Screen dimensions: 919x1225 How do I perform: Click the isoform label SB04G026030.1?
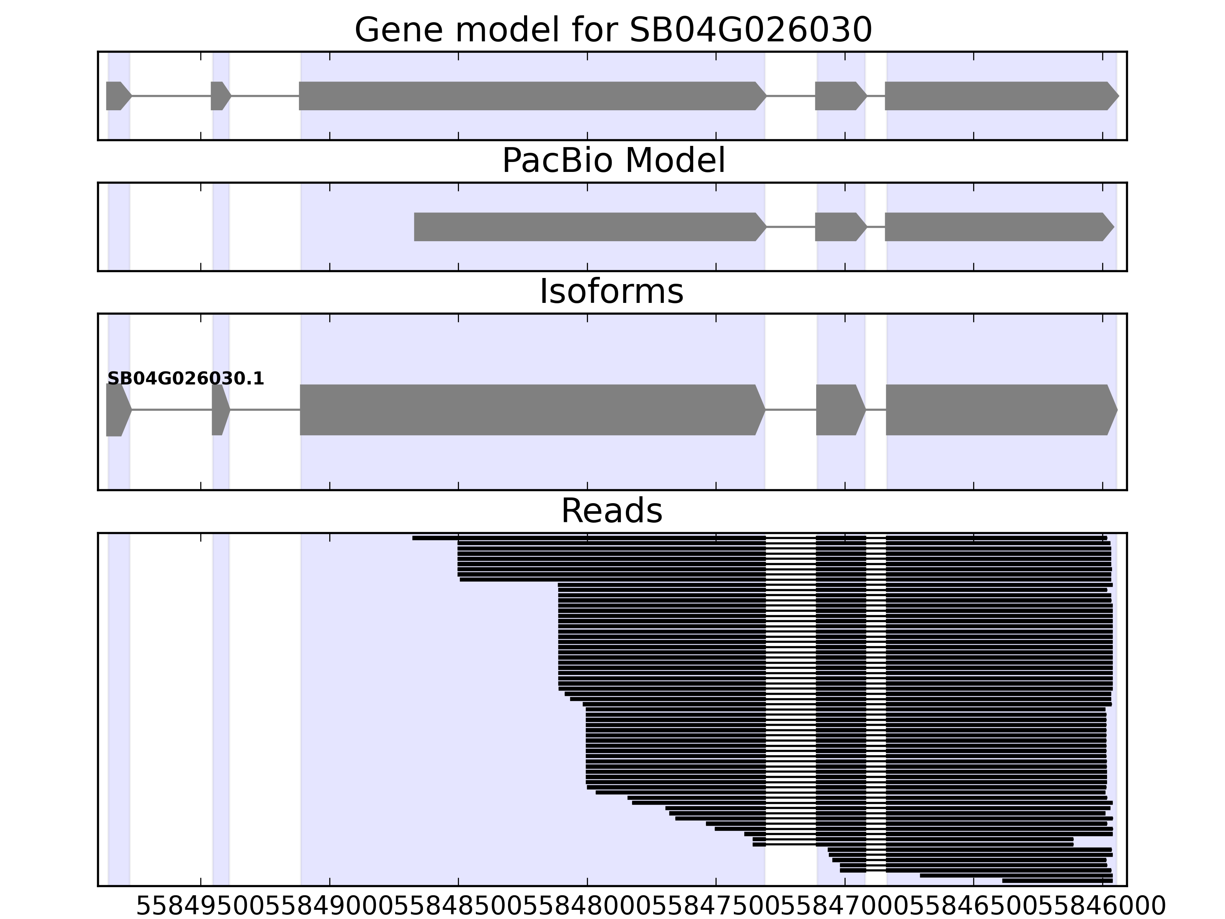point(186,379)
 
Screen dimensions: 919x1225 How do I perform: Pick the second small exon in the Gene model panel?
point(219,96)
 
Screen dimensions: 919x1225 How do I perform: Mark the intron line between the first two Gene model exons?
point(171,96)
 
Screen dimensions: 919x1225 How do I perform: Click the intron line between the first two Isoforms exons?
point(171,410)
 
